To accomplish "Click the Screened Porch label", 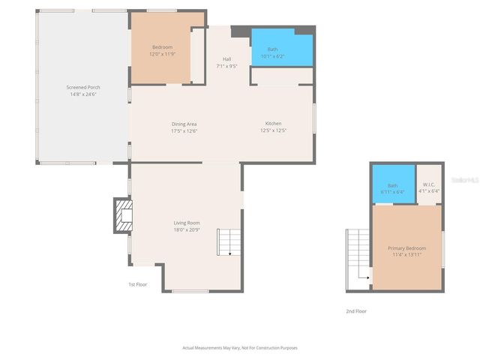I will click(x=82, y=87).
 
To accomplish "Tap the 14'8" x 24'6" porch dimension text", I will click(x=82, y=94).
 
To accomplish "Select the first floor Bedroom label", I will click(x=162, y=47).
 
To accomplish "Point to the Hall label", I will click(x=226, y=59).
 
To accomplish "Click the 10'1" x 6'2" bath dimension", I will click(x=272, y=56).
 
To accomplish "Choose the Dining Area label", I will click(x=184, y=124).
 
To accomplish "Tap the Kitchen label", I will click(x=273, y=124).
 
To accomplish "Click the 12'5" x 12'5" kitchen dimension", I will click(x=273, y=131).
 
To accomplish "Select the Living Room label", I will click(x=187, y=223).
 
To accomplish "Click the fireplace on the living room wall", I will click(x=121, y=215).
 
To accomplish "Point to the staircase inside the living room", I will click(x=229, y=242).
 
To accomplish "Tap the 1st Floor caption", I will click(x=136, y=284).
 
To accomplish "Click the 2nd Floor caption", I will click(x=356, y=311).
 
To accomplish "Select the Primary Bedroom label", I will click(x=406, y=248).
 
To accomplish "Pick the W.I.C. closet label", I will click(x=429, y=184).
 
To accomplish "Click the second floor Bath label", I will click(x=392, y=185).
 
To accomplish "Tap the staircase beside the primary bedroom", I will click(x=358, y=259).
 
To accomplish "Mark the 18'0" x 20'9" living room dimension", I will click(x=187, y=230).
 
